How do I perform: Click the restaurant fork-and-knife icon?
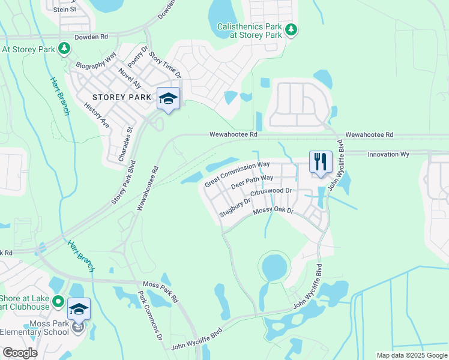(x=320, y=161)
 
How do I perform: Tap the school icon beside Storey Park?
(x=169, y=98)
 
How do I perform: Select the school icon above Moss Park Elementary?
(x=79, y=308)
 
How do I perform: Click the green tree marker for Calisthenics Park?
(x=291, y=29)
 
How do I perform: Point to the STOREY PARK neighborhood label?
(x=117, y=97)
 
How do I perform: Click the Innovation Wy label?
(x=388, y=154)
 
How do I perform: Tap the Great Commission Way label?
(x=237, y=174)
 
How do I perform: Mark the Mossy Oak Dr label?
(x=273, y=211)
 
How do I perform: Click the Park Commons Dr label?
(x=151, y=316)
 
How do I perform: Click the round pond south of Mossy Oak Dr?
(x=274, y=265)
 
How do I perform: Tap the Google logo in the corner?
(x=19, y=353)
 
